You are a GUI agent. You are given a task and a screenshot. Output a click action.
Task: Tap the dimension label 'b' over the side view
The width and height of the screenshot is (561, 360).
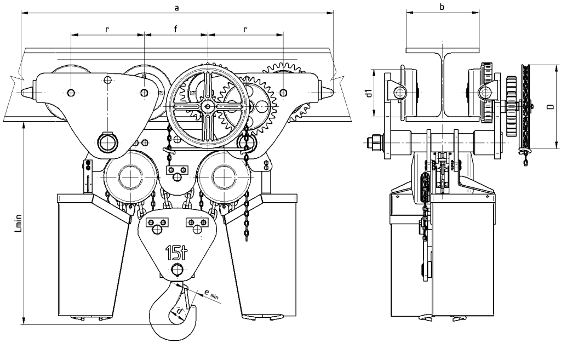pos(442,6)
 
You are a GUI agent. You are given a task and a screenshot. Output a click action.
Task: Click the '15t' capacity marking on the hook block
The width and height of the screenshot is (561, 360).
pos(176,253)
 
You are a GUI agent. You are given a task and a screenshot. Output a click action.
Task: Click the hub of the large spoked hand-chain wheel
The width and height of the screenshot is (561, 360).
pos(208,105)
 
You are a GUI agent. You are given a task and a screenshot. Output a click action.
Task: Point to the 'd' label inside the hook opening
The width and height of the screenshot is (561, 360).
pos(178,312)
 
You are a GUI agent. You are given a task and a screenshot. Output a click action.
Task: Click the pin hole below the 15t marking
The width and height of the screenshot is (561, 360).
pos(176,270)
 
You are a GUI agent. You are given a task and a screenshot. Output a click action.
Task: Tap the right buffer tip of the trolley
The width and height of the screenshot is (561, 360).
pos(330,92)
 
